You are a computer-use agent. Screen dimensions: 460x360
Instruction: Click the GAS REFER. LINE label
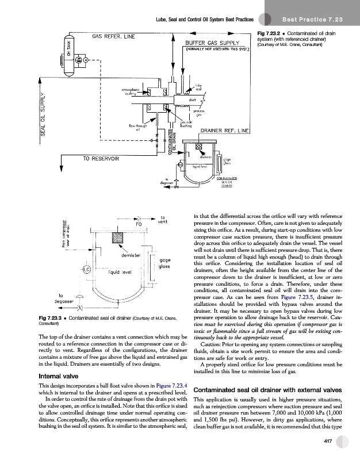click(x=114, y=37)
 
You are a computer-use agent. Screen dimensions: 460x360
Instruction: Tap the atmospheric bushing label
click(x=132, y=92)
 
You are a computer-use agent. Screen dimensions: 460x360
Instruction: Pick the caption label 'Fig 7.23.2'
click(x=270, y=31)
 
